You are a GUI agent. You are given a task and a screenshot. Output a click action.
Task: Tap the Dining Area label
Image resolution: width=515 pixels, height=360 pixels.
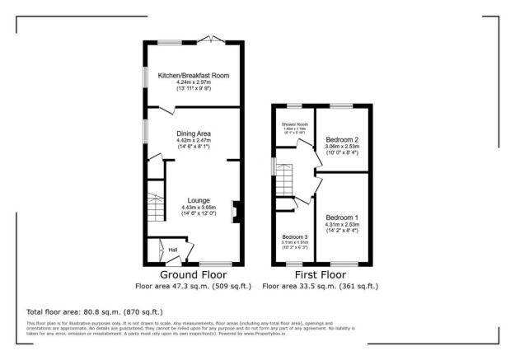tap(194, 133)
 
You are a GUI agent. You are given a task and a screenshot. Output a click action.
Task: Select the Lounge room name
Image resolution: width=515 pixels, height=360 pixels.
tap(199, 200)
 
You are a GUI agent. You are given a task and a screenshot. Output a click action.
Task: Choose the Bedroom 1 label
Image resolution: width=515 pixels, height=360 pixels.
tap(341, 217)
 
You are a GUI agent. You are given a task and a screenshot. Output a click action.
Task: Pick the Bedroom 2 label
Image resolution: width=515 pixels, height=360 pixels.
tap(341, 139)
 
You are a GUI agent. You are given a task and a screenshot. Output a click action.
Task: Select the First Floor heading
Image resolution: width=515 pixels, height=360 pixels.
tap(320, 274)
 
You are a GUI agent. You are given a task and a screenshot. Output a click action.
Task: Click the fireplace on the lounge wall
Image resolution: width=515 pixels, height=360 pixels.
tap(235, 212)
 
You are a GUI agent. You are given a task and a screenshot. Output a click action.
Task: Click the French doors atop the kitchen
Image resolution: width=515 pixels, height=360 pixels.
tap(213, 40)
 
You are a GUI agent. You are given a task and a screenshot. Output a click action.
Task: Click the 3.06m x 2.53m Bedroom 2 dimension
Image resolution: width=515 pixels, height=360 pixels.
tap(341, 147)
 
